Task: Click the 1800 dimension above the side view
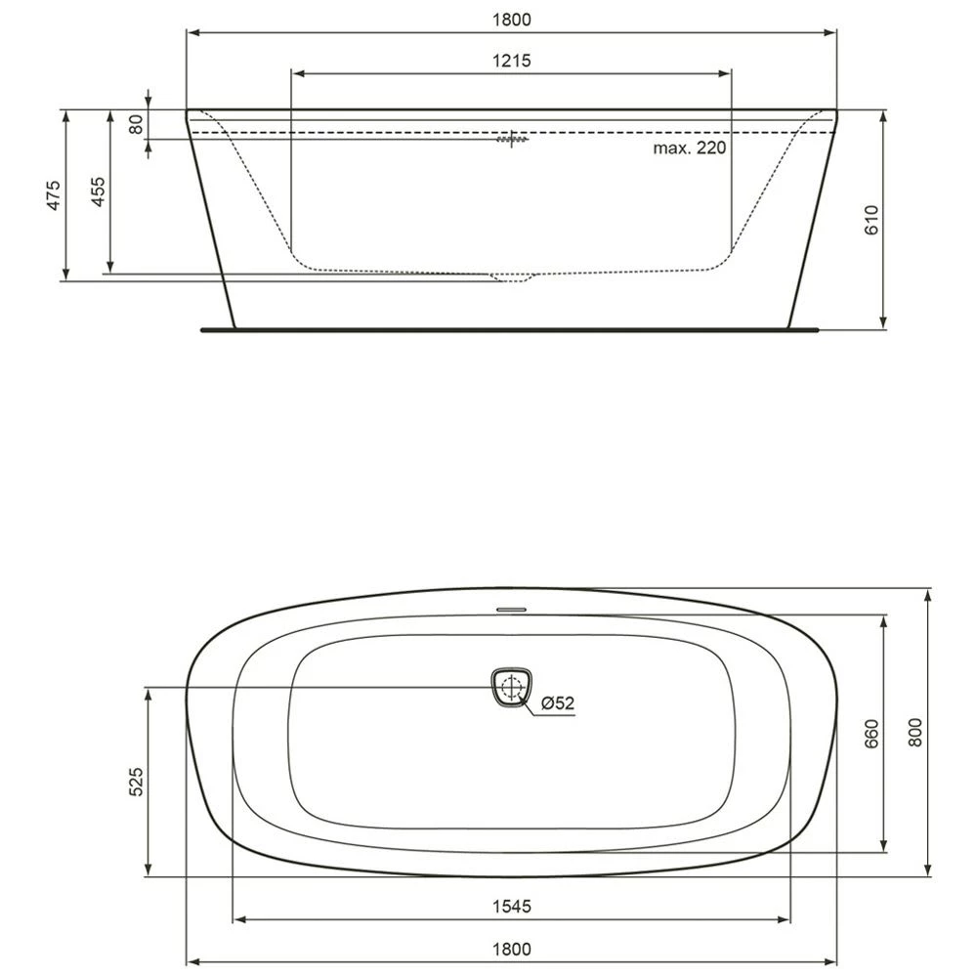point(511,20)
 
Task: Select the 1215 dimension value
point(511,61)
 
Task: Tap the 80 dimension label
point(137,123)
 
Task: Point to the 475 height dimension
point(55,194)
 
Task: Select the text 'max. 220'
point(691,149)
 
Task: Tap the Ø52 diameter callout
point(556,702)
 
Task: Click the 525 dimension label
point(137,783)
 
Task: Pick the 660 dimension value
point(872,734)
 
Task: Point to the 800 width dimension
point(915,732)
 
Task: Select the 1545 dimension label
point(511,907)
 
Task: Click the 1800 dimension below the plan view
point(511,949)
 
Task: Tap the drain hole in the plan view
point(509,688)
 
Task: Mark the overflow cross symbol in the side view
point(511,140)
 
